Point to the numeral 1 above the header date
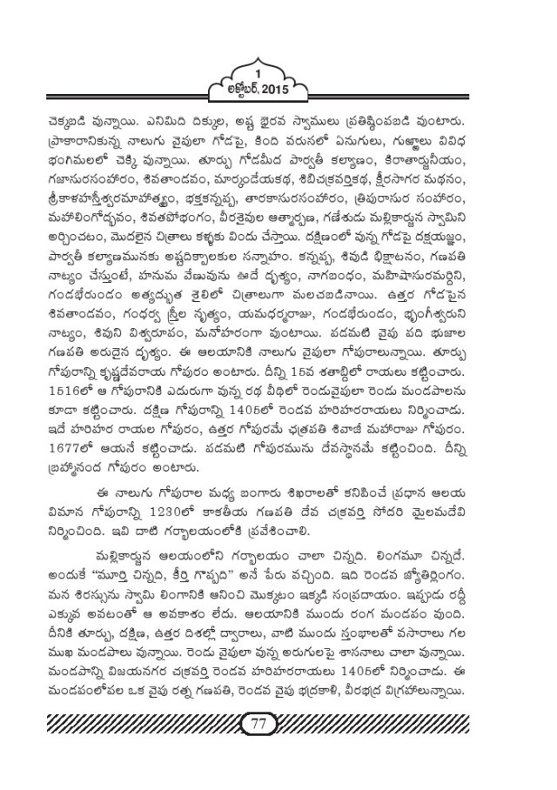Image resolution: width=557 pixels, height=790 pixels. (x=278, y=69)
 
